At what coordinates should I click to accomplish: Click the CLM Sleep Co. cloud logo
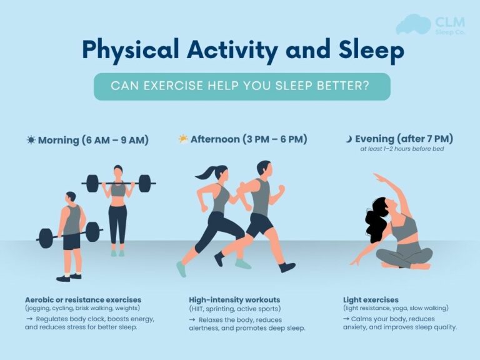coord(414,24)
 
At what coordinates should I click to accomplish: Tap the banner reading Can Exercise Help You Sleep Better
coord(242,86)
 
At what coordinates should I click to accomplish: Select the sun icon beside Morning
coord(31,140)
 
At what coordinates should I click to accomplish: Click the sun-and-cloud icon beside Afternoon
coord(183,139)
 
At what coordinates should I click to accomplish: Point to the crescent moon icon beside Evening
coord(349,139)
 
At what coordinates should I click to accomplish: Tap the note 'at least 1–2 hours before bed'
coord(402,149)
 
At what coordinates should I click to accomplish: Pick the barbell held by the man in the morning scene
coord(69,234)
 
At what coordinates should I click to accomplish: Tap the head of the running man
coord(264,169)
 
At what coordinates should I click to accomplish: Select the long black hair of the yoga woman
coord(377,226)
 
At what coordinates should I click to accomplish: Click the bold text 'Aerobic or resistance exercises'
coord(83,300)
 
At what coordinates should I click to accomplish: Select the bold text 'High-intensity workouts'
coord(234,300)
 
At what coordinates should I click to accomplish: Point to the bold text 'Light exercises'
coord(371,300)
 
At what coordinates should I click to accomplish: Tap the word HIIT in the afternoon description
coord(200,309)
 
